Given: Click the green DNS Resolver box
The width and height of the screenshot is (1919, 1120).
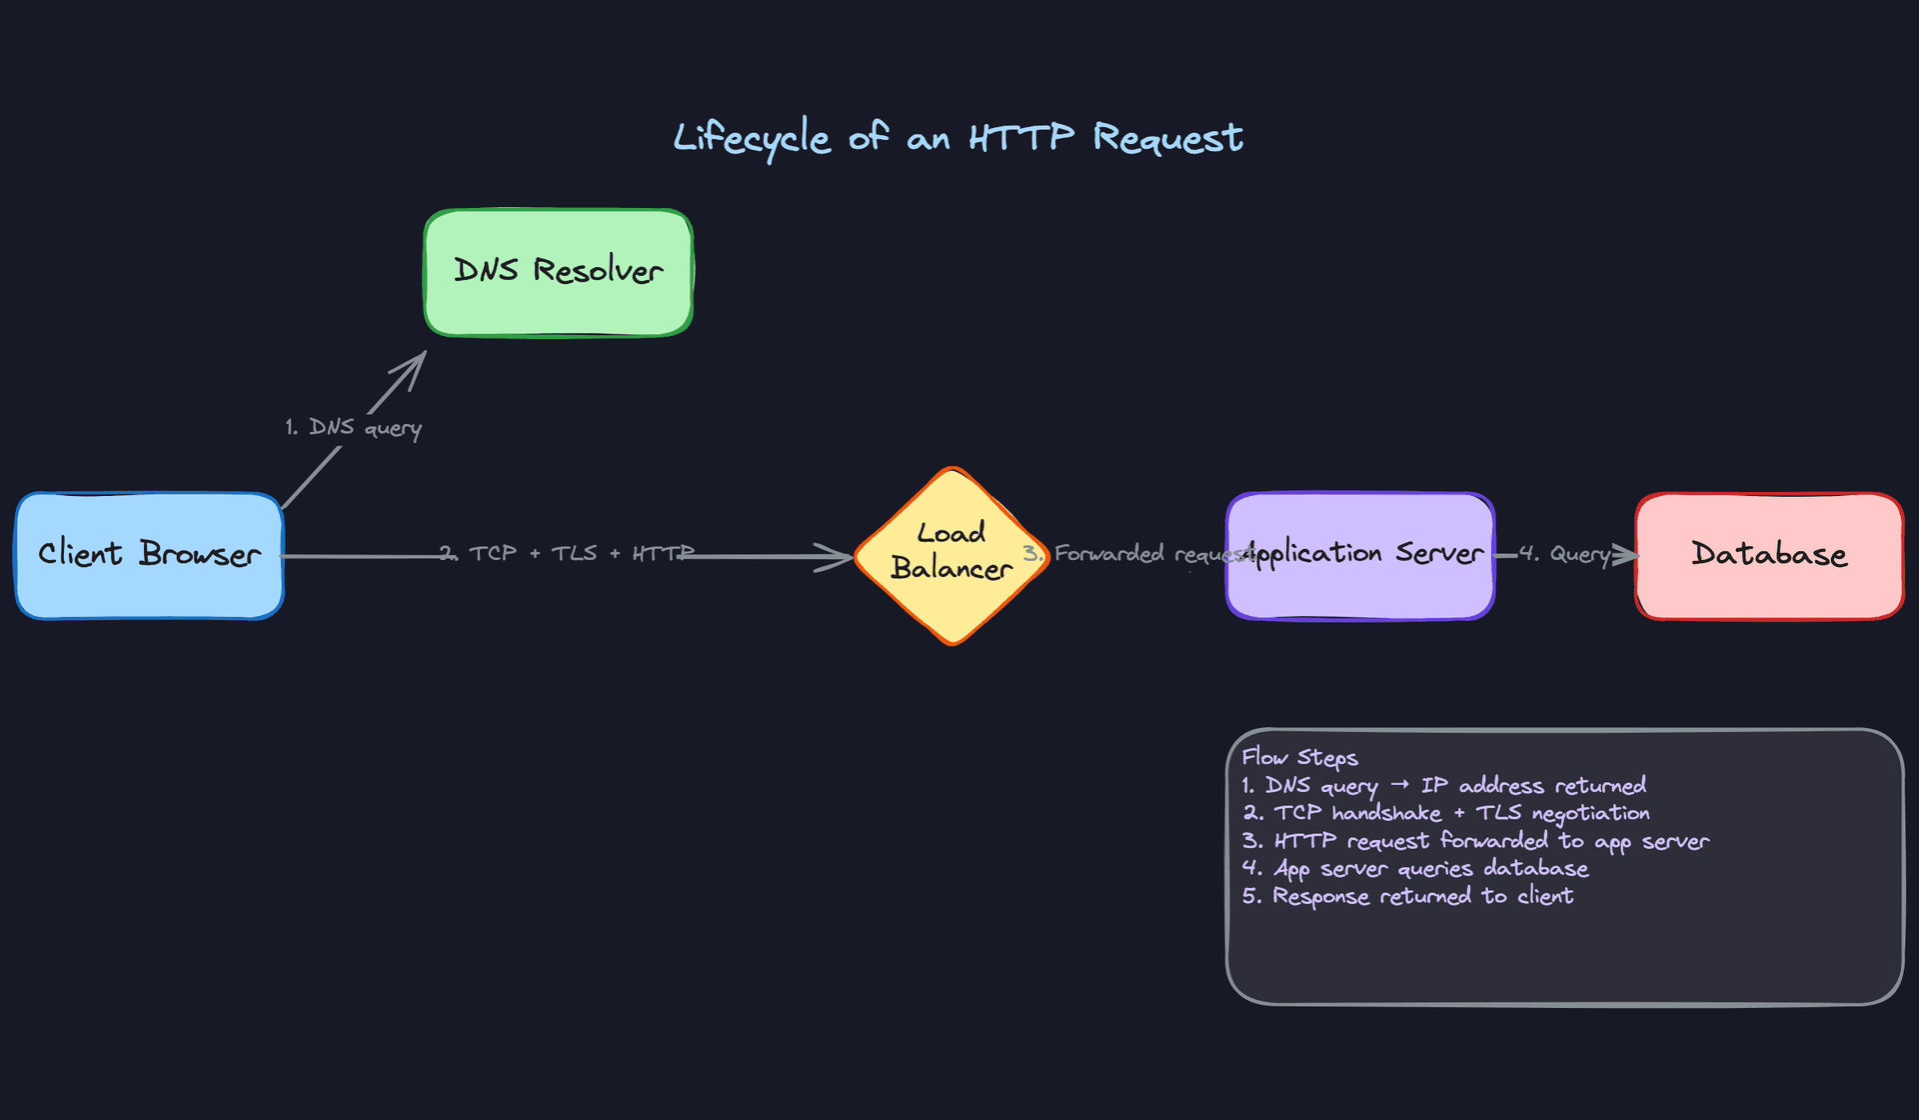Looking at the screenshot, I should click(558, 272).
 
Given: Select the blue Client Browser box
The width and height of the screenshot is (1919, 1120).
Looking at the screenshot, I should click(149, 555).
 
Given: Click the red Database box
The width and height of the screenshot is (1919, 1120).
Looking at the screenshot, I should click(1769, 555).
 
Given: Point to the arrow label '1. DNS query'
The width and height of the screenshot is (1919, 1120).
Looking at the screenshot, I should click(353, 428).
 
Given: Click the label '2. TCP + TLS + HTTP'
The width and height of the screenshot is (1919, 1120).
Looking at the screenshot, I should click(566, 554).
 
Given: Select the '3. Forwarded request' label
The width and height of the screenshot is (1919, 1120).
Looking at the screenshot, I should click(1137, 554).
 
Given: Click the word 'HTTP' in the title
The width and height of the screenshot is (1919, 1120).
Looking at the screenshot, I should click(1020, 138).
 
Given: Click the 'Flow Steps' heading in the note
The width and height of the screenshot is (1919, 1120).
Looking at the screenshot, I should click(1299, 758).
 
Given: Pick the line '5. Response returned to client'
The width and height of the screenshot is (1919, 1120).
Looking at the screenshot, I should click(1407, 896).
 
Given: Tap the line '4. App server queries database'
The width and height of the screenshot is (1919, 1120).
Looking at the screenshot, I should click(1414, 868).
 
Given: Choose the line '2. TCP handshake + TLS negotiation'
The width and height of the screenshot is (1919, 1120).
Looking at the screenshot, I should click(1445, 813).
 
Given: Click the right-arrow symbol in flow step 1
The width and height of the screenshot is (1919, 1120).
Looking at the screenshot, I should click(1399, 785).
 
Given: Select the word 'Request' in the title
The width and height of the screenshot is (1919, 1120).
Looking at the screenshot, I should click(1167, 138).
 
